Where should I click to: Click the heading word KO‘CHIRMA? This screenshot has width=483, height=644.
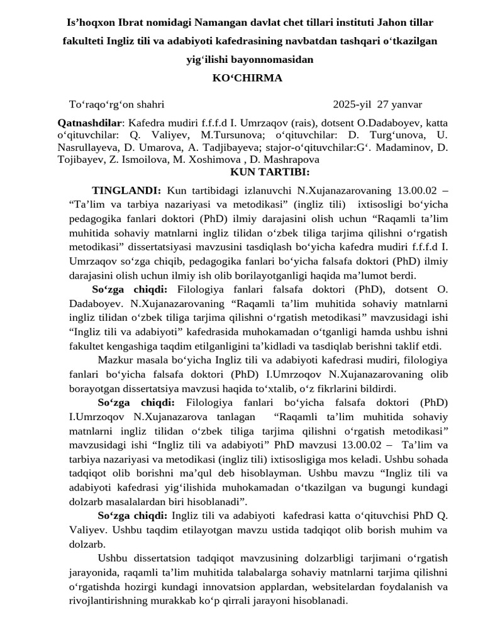click(x=248, y=78)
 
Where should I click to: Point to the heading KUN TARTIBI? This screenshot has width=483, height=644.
click(x=269, y=172)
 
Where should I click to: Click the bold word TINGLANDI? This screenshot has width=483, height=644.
click(x=126, y=190)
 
